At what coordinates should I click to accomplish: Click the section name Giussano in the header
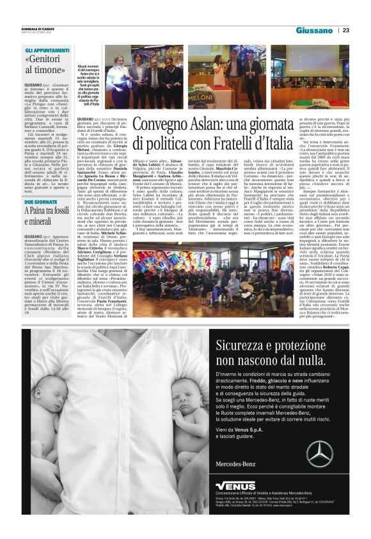point(314,30)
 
